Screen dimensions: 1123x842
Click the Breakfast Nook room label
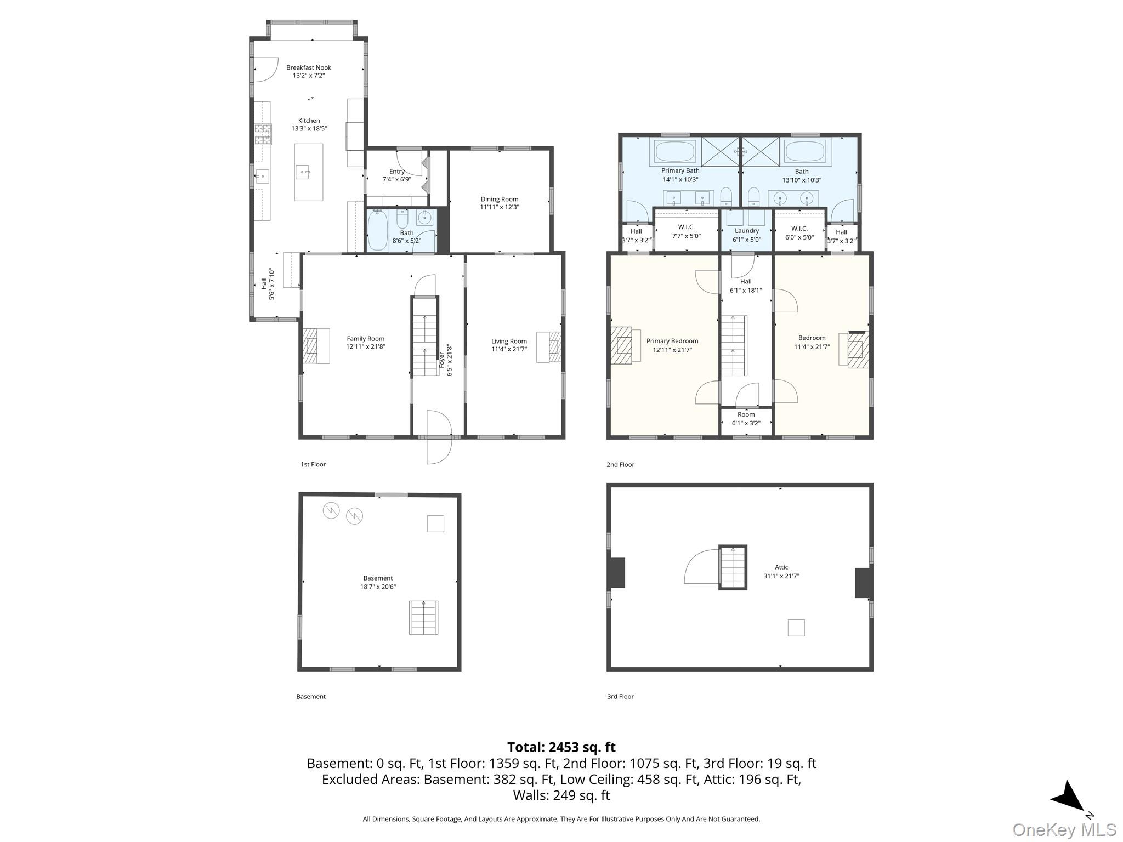click(x=309, y=67)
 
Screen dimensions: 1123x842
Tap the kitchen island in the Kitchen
click(x=309, y=172)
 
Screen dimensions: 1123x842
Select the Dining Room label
click(x=499, y=199)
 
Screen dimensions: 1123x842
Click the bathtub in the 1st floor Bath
click(x=377, y=230)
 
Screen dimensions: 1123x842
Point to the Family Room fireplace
click(x=316, y=346)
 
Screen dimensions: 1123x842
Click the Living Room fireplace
click(x=549, y=347)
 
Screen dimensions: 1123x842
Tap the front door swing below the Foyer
click(x=439, y=437)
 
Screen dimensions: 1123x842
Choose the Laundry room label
click(x=746, y=231)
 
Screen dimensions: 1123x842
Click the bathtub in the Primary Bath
click(x=674, y=151)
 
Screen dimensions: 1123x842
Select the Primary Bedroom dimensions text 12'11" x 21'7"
click(x=672, y=349)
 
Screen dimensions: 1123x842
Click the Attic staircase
click(x=733, y=567)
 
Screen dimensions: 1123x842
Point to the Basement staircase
click(x=423, y=618)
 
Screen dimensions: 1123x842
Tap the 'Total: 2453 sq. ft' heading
click(x=561, y=747)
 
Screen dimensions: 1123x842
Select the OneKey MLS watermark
click(x=1064, y=830)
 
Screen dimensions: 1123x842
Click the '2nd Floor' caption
click(x=620, y=464)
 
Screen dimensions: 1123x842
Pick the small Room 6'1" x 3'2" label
click(x=746, y=419)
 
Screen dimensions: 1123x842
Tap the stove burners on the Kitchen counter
click(x=263, y=134)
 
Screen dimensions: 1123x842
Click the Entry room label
click(x=397, y=172)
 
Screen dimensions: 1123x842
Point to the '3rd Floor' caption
click(x=620, y=696)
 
